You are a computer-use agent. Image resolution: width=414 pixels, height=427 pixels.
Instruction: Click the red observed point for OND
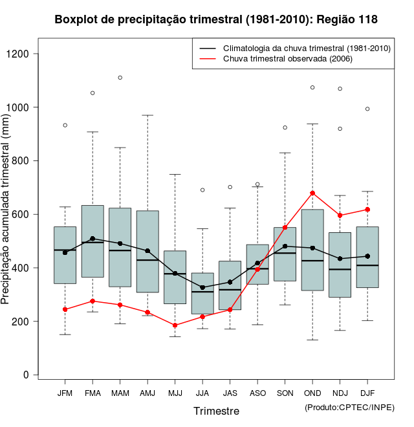(x=312, y=193)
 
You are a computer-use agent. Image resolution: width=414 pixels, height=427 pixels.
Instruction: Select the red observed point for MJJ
(x=175, y=325)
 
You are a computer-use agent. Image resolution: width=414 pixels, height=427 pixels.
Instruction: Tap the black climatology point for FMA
(x=93, y=239)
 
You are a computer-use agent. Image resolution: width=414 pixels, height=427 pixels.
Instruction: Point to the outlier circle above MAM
(x=120, y=78)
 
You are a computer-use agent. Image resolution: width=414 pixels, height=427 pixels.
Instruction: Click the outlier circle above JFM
(x=65, y=125)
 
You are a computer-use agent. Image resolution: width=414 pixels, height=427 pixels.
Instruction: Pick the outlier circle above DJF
(x=367, y=109)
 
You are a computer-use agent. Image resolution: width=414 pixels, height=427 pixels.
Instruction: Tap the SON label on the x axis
(x=285, y=393)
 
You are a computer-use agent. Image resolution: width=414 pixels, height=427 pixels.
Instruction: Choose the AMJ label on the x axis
(x=147, y=393)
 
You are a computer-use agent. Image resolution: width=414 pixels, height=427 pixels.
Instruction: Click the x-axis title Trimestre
(x=216, y=411)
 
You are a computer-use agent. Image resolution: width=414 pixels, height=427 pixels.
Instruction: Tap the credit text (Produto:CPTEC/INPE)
(x=349, y=407)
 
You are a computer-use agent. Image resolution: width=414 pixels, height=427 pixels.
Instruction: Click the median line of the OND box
(x=312, y=261)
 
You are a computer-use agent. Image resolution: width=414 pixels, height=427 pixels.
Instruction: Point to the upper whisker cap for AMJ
(x=147, y=115)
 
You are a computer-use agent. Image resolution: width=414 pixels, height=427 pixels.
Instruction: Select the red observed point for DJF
(x=367, y=210)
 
